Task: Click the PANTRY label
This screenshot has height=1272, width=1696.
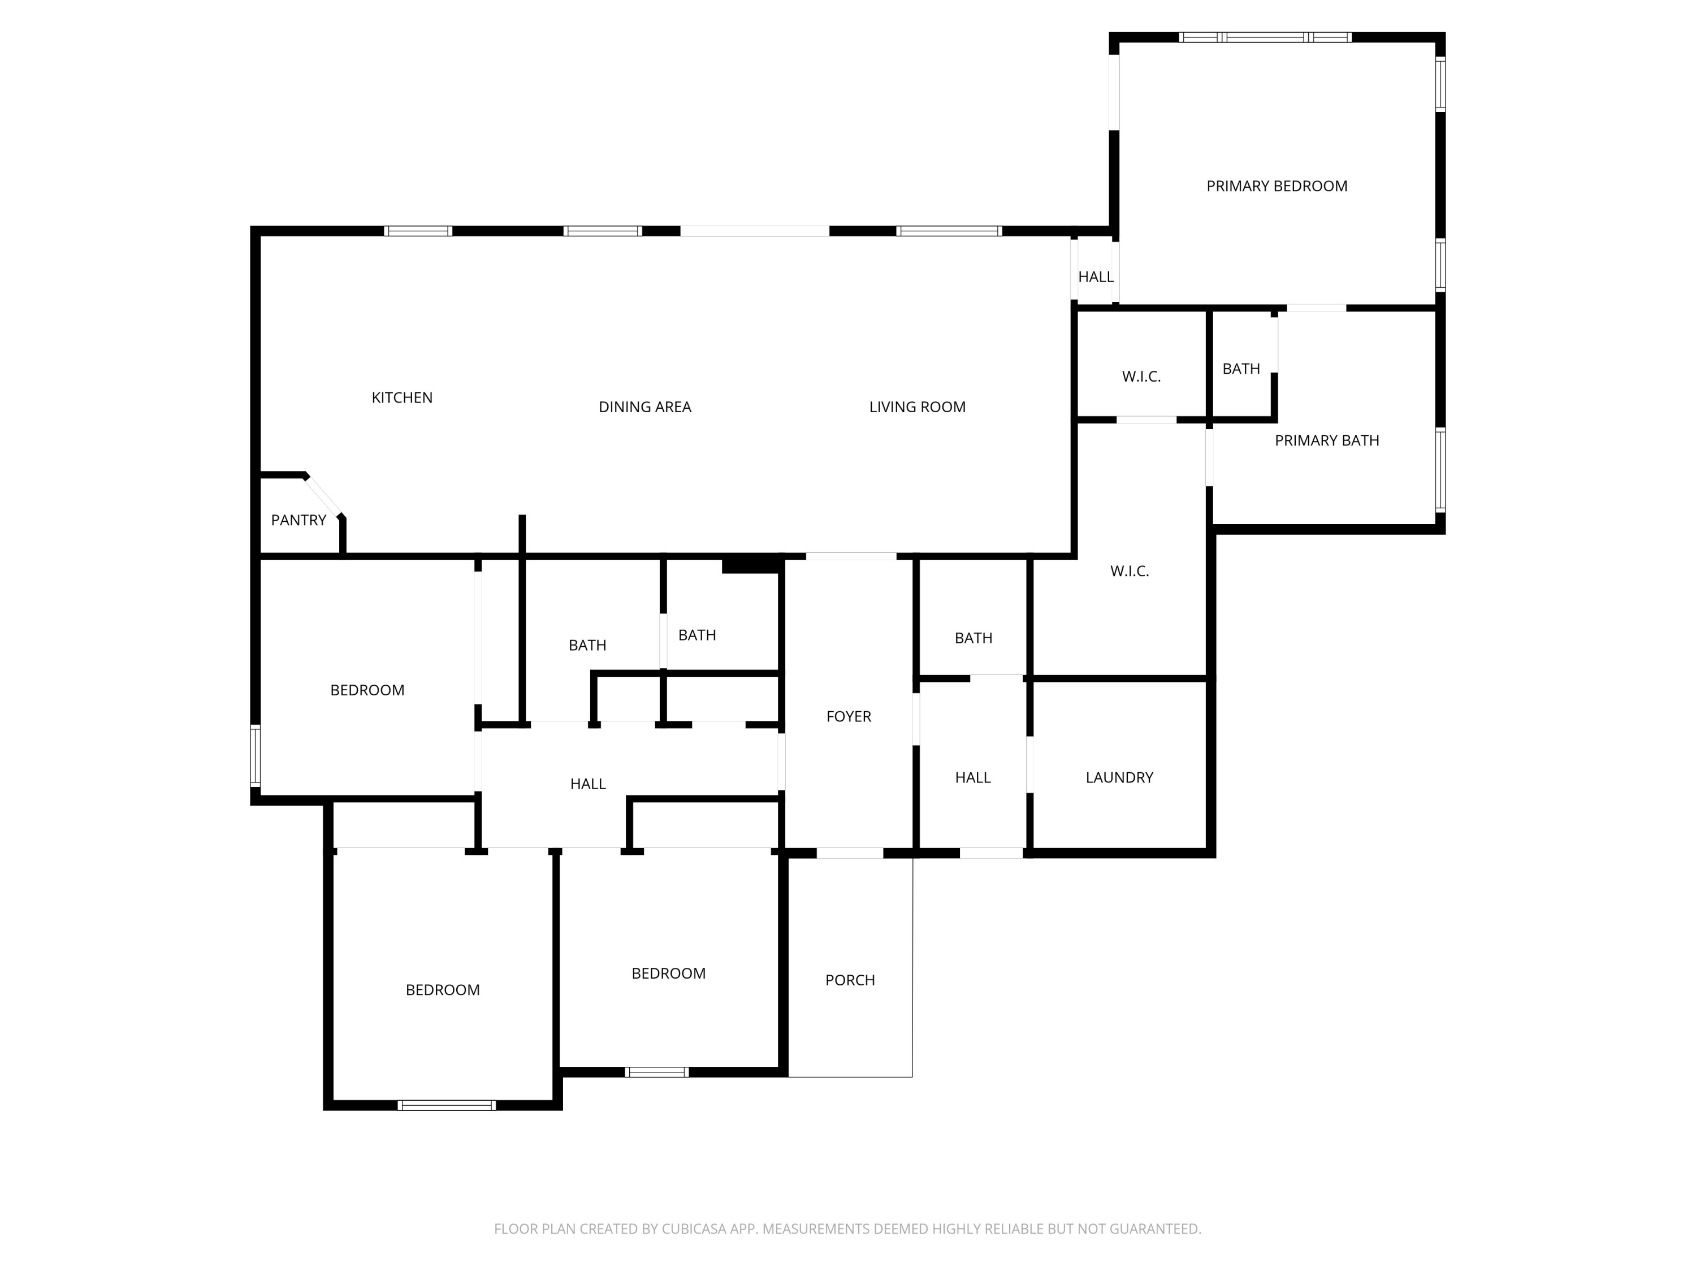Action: tap(298, 521)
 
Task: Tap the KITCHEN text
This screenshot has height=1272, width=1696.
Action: tap(402, 398)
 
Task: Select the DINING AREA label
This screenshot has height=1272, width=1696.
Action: tap(645, 407)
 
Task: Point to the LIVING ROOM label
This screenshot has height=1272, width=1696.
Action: tap(917, 407)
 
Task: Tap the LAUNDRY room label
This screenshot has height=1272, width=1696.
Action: tap(1119, 777)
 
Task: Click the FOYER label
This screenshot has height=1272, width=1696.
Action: tap(848, 716)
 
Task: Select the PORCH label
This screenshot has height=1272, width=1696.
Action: tap(850, 980)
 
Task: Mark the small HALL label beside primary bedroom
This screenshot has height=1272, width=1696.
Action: tap(1096, 277)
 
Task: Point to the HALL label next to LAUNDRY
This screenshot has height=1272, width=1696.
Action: tap(972, 777)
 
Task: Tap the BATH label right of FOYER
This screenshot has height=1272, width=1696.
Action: tap(973, 638)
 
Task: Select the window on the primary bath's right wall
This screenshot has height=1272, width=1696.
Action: tap(1440, 470)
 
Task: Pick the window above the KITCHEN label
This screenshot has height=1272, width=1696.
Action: tap(418, 231)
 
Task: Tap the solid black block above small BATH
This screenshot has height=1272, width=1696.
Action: tap(751, 566)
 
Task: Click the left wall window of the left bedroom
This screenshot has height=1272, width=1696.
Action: tap(256, 755)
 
